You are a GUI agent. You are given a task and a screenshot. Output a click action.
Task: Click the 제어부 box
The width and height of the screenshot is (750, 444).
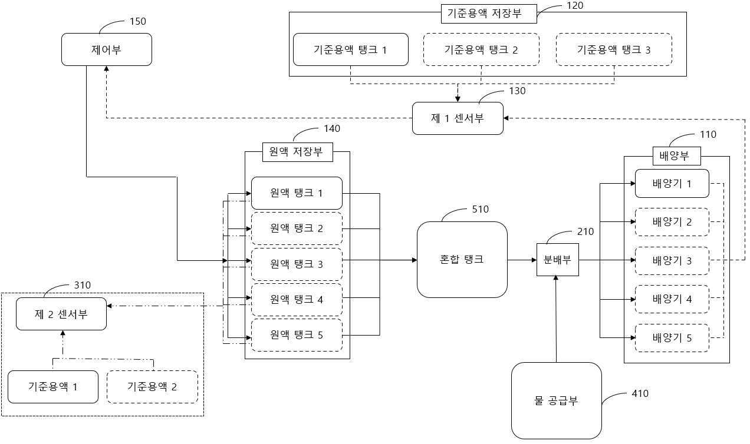click(107, 49)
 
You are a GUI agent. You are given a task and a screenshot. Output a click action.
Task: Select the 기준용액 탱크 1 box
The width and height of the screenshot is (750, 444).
click(350, 49)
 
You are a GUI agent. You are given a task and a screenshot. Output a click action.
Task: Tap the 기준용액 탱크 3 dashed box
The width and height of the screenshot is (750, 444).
click(614, 49)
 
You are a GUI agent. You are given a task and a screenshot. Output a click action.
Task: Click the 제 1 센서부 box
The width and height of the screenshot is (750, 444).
click(458, 118)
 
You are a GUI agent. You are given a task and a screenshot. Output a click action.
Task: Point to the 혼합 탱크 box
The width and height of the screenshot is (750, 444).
click(462, 259)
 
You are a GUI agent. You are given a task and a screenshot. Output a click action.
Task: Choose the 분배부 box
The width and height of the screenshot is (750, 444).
click(557, 260)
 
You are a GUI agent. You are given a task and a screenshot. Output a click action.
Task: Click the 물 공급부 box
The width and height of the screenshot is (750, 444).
click(556, 400)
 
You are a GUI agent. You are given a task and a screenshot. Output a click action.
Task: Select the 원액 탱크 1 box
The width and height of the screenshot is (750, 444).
click(297, 193)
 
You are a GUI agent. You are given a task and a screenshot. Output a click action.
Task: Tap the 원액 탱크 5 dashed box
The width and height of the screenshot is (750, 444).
click(297, 335)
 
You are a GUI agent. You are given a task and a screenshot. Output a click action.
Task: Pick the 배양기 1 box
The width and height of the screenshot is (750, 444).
click(672, 184)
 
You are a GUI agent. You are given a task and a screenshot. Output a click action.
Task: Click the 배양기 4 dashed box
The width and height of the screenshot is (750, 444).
click(672, 299)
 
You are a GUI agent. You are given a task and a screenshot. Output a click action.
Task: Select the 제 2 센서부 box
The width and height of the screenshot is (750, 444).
click(61, 314)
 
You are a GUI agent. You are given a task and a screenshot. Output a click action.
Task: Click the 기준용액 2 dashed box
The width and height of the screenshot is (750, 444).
click(152, 387)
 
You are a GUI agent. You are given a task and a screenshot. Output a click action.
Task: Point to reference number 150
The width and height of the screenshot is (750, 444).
click(137, 22)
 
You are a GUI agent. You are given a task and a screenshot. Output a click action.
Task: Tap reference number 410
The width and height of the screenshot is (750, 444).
click(640, 393)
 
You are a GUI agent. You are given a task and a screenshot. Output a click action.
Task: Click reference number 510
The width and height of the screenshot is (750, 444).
click(481, 209)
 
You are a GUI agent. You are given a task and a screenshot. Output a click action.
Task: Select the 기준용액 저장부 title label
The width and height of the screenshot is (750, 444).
click(489, 14)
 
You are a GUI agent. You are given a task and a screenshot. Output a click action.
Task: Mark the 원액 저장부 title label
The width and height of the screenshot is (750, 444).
click(297, 152)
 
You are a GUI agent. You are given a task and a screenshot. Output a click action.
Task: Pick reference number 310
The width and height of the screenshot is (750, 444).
click(82, 285)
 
